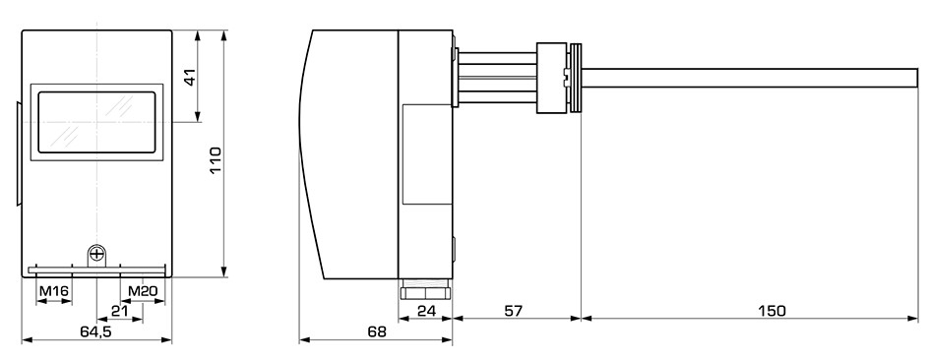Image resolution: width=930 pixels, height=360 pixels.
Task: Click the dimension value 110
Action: (215, 159)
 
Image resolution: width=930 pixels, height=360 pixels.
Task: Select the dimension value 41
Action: (189, 78)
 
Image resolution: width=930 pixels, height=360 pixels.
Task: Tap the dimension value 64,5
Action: (96, 331)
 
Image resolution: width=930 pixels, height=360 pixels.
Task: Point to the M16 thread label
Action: (54, 291)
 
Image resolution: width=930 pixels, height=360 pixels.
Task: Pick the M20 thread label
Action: (143, 291)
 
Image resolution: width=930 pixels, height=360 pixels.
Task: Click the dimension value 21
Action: (120, 311)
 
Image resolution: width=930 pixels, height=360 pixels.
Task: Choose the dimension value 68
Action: (377, 331)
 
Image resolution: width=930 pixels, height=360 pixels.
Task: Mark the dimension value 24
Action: (425, 311)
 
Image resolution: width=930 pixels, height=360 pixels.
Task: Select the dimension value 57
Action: (514, 311)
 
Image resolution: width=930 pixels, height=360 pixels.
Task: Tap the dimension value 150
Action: (773, 311)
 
